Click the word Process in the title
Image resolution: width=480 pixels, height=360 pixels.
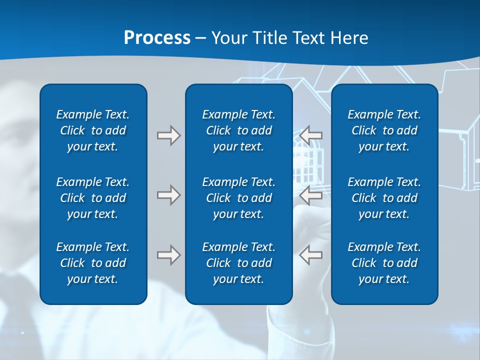point(157,38)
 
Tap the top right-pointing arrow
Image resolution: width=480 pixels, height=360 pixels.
point(168,135)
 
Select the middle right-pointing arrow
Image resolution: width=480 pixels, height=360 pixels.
point(168,194)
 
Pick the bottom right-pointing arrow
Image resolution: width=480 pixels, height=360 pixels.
point(168,255)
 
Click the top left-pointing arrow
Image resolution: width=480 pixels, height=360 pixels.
point(310,135)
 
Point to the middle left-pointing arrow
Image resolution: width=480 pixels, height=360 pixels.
point(310,194)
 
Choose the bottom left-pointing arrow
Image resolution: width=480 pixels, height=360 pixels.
point(310,255)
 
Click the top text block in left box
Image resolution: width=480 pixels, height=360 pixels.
point(93,130)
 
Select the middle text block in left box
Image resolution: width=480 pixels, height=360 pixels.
point(93,198)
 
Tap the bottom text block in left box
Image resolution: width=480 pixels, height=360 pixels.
point(93,263)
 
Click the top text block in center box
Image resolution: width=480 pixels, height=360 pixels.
point(239,130)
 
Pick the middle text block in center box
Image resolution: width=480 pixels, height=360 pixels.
point(239,198)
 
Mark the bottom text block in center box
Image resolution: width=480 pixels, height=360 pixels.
point(239,263)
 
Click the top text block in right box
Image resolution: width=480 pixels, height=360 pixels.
point(384,130)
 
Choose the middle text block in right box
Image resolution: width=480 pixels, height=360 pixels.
point(384,198)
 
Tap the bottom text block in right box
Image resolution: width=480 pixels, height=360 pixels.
point(384,263)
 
